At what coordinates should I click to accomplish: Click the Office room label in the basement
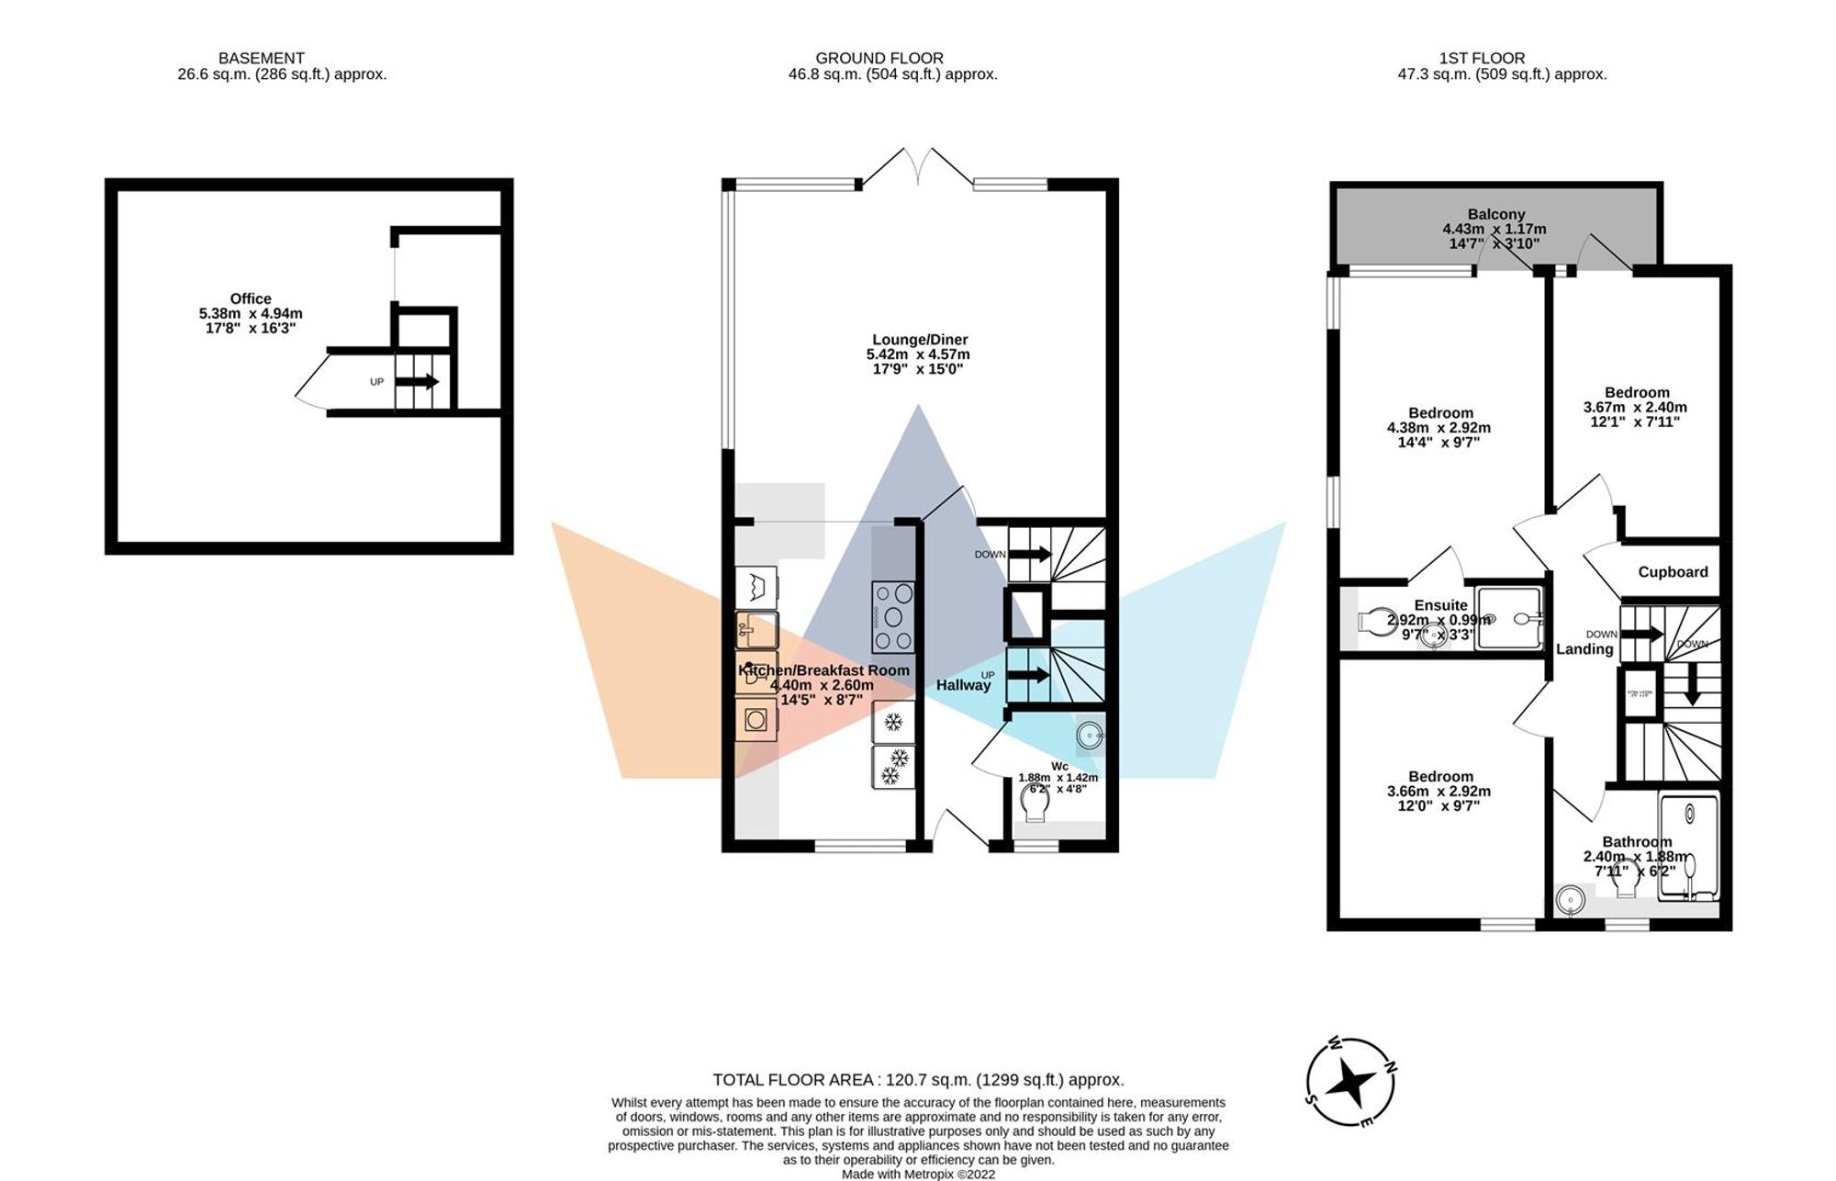(251, 298)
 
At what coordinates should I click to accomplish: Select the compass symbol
(1351, 1083)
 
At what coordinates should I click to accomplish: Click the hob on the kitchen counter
(892, 616)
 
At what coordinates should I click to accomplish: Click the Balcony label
(1495, 214)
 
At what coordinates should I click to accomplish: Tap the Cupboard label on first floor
(1673, 571)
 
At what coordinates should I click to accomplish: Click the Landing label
(1584, 649)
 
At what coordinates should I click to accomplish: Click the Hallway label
(963, 685)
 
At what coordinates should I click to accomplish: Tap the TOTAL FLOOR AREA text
(918, 1080)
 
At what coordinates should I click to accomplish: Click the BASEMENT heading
(261, 58)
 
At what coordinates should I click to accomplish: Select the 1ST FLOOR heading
(1482, 58)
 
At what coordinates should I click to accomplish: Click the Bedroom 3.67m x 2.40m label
(1637, 392)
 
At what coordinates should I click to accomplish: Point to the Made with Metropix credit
(918, 1174)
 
